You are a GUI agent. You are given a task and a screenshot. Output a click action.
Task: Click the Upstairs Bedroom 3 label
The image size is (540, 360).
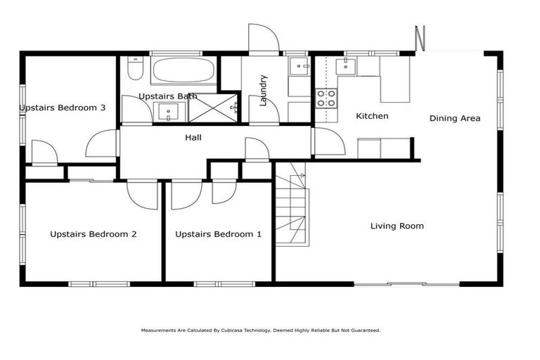[63, 108]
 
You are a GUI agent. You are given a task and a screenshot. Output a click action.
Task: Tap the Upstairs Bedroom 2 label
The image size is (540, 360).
[94, 234]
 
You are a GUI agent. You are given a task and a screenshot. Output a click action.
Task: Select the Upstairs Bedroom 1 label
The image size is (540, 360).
[219, 234]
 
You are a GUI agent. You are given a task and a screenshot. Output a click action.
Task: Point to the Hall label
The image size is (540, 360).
[193, 138]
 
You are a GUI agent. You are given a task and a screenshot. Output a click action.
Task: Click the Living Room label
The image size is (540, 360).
[397, 226]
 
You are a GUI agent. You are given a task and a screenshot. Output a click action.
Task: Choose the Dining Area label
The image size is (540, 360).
[455, 118]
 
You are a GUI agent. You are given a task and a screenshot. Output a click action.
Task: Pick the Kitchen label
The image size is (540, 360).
[372, 116]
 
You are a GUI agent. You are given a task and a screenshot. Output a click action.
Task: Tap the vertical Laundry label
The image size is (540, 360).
[264, 90]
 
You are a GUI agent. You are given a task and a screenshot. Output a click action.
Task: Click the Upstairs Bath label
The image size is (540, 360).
[167, 96]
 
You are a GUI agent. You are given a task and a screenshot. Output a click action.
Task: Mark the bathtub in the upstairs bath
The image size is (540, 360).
[184, 71]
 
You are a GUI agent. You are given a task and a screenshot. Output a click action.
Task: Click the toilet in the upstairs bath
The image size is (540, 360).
[135, 70]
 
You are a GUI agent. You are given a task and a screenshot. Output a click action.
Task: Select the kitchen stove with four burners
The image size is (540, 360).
[326, 98]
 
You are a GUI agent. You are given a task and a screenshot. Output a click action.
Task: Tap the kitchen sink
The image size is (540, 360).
[346, 67]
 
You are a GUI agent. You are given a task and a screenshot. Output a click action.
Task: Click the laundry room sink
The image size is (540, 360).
[300, 67]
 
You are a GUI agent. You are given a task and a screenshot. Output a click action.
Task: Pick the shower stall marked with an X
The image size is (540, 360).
[214, 108]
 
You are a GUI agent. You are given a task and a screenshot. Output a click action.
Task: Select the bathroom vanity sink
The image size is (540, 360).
[169, 112]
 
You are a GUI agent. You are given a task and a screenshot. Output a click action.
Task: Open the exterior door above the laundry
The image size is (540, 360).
[264, 39]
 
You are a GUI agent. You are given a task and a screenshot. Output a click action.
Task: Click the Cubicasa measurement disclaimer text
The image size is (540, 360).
[261, 330]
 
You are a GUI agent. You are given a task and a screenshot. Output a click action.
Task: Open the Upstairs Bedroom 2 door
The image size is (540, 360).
[143, 195]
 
